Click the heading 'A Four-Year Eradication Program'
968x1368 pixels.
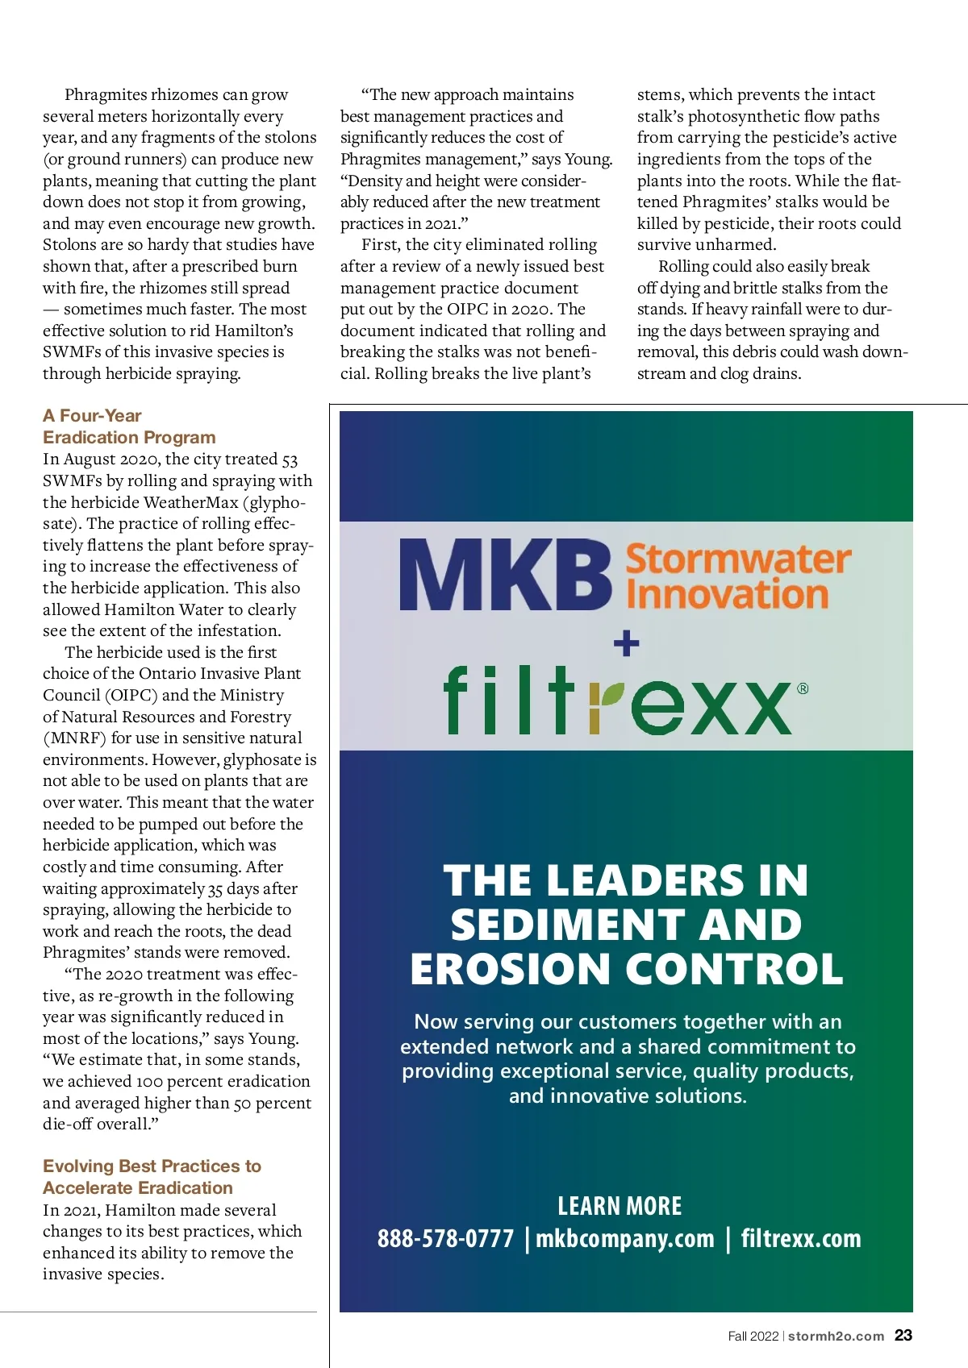[x=129, y=426]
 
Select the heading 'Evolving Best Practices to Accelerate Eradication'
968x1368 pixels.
[x=152, y=1177]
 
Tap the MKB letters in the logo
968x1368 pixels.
[x=505, y=576]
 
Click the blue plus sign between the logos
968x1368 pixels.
[x=626, y=643]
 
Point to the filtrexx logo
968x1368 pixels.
[x=617, y=701]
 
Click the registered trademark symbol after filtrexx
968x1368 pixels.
[x=803, y=688]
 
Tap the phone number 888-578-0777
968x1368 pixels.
[x=445, y=1238]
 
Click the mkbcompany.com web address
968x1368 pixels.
[x=625, y=1238]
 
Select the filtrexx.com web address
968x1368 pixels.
[x=801, y=1238]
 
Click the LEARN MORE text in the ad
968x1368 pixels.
[x=620, y=1206]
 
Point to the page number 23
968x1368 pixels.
[x=903, y=1336]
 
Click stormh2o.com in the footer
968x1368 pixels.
[x=836, y=1337]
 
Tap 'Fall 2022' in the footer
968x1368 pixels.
[x=753, y=1337]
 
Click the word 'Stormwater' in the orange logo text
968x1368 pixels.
[x=738, y=559]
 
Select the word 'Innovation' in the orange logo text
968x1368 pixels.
[x=727, y=595]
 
